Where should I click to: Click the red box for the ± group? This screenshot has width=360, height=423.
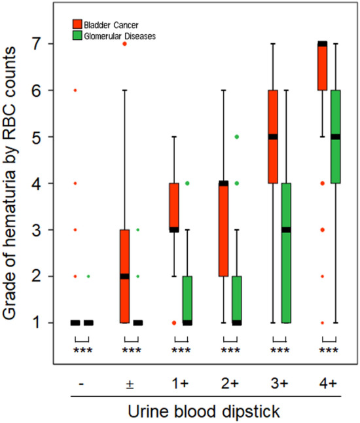pos(124,276)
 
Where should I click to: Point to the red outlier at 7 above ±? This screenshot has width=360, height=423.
pos(124,44)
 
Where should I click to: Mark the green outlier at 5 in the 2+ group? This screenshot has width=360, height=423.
pos(237,137)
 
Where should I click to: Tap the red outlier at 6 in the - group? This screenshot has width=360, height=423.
pos(75,90)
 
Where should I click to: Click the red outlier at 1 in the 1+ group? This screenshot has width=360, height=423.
pos(174,323)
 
